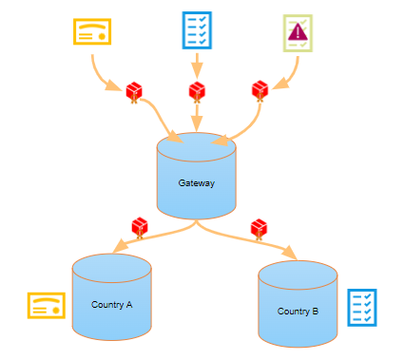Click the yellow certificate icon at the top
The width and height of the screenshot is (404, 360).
(x=92, y=31)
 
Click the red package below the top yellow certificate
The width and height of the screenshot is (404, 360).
(x=135, y=92)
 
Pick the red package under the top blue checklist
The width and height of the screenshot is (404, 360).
(x=197, y=92)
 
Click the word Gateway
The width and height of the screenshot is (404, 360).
(x=196, y=182)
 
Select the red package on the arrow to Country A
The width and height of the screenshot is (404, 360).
(x=140, y=227)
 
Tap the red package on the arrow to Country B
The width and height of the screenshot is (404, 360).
(x=258, y=229)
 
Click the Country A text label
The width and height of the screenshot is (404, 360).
(x=111, y=305)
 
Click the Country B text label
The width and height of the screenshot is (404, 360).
(x=298, y=312)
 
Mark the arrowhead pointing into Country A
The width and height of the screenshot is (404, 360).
(x=119, y=250)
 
